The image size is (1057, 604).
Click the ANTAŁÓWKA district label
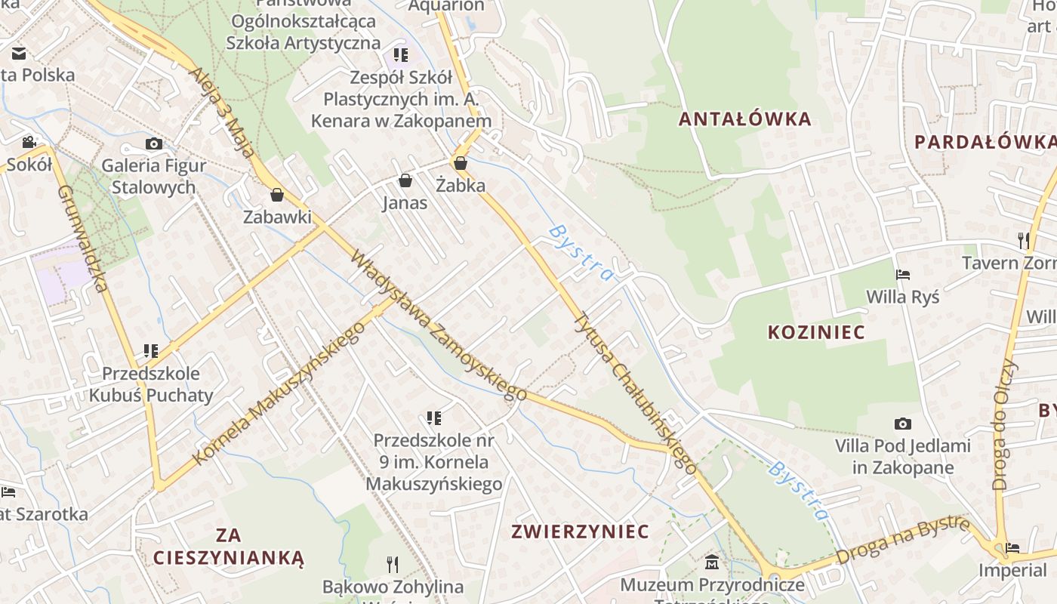(x=744, y=119)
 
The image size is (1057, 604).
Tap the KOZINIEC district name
(x=816, y=332)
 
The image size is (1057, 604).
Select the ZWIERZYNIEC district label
(x=580, y=532)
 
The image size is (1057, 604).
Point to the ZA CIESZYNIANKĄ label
(x=228, y=547)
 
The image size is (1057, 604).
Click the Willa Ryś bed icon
(x=903, y=275)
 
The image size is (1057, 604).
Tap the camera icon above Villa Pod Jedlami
(x=902, y=424)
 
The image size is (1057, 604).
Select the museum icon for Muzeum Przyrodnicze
(x=712, y=562)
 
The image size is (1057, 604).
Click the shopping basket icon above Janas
(x=405, y=180)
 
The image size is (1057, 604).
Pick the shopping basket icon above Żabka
(x=460, y=162)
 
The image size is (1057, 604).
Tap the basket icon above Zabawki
(x=277, y=195)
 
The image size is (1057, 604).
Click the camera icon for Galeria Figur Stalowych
(x=154, y=143)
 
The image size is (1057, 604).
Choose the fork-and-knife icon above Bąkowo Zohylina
(x=392, y=564)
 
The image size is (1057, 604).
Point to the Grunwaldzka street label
(x=82, y=237)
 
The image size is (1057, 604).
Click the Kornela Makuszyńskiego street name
(x=279, y=393)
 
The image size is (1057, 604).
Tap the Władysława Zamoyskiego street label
(x=439, y=325)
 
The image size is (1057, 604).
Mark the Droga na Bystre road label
(x=903, y=540)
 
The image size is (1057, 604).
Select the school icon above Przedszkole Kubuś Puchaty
(x=151, y=351)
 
